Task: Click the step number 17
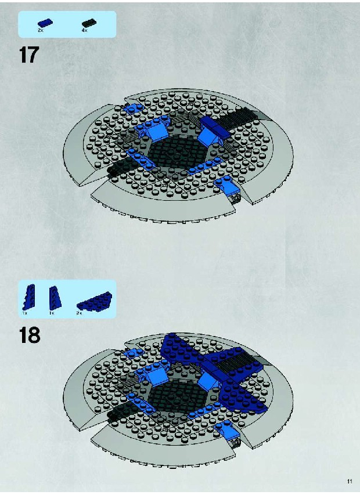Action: tap(28, 55)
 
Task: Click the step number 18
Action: tap(30, 335)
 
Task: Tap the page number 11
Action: tap(350, 482)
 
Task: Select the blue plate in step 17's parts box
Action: tap(45, 23)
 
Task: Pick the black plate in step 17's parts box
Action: tap(89, 23)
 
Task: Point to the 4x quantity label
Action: tap(84, 30)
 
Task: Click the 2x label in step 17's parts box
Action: tap(41, 30)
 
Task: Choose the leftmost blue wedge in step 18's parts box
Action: tap(29, 297)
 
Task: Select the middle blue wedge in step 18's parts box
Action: tap(55, 297)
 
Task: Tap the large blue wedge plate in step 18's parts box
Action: tap(94, 301)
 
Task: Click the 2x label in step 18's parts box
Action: tap(79, 313)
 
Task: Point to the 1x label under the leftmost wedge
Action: tap(25, 313)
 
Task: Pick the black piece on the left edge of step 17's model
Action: tap(121, 167)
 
